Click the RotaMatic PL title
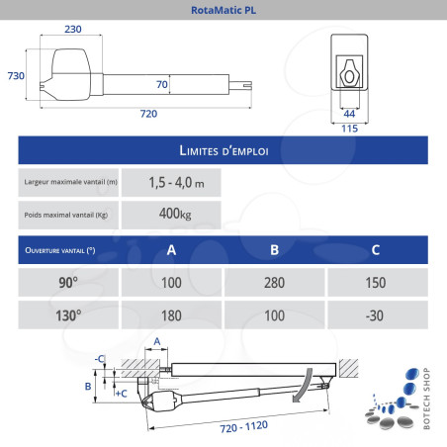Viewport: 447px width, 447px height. pyautogui.click(x=223, y=10)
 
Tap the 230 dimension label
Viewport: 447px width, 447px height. pyautogui.click(x=73, y=29)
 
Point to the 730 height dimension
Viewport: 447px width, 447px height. pyautogui.click(x=16, y=76)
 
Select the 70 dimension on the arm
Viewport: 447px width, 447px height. pyautogui.click(x=162, y=84)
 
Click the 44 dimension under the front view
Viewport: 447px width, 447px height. pyautogui.click(x=349, y=114)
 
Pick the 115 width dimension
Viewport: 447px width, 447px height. pyautogui.click(x=349, y=129)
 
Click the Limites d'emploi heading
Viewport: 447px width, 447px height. pyautogui.click(x=223, y=150)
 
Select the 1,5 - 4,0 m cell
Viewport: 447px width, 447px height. pyautogui.click(x=171, y=182)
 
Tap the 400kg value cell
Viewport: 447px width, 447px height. pyautogui.click(x=171, y=215)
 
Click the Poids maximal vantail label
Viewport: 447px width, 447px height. pyautogui.click(x=66, y=215)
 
